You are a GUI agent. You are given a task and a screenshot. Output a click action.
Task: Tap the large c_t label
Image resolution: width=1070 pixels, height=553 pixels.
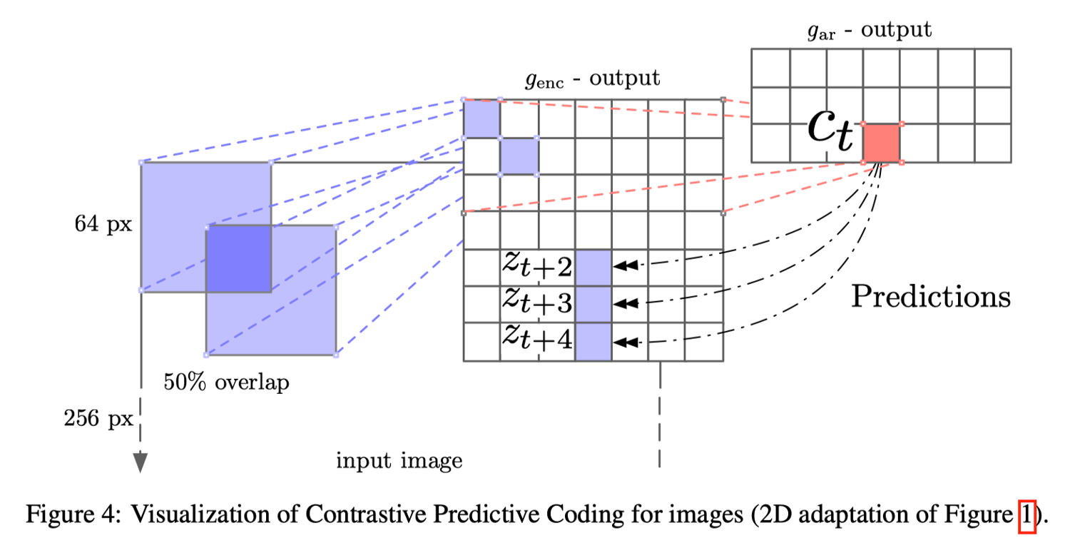[830, 132]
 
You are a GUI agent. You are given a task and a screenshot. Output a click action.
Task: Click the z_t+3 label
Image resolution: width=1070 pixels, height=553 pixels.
[537, 303]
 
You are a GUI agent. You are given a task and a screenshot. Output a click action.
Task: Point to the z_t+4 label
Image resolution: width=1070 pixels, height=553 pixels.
[537, 340]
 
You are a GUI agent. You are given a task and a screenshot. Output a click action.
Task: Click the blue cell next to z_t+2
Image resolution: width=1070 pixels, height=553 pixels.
[593, 268]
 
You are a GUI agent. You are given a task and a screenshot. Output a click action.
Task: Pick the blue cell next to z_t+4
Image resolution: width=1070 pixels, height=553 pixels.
[593, 342]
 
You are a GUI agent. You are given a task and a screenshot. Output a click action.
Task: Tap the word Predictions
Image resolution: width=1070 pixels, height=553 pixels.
[931, 296]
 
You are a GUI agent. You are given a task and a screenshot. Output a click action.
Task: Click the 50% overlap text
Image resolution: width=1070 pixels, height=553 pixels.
[227, 382]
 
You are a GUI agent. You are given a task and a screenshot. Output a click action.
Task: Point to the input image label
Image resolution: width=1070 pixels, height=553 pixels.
[399, 461]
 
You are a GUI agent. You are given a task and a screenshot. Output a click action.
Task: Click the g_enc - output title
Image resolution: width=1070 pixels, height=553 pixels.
[593, 78]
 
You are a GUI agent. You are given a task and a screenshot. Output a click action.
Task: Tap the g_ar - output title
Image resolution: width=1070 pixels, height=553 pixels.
[870, 31]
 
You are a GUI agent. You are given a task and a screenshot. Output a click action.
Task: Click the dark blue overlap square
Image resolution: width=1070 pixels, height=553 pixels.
[238, 258]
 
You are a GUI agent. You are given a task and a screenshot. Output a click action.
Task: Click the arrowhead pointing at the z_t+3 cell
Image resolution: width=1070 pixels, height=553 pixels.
[626, 303]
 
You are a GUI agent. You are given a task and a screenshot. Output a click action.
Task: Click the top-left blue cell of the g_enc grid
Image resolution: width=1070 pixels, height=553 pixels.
[481, 118]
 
